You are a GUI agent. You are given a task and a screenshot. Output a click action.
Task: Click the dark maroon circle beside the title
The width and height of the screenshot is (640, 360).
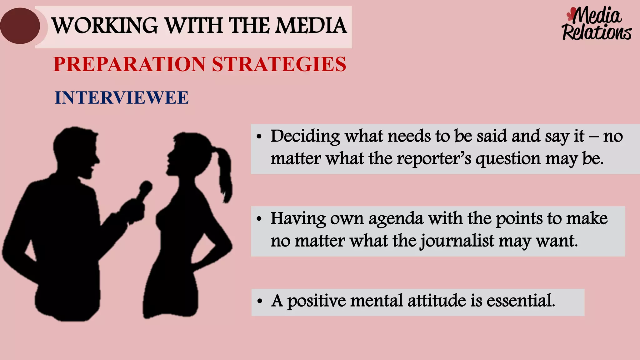(20, 26)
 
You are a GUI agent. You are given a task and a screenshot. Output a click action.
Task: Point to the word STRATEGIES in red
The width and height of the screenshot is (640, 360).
(279, 64)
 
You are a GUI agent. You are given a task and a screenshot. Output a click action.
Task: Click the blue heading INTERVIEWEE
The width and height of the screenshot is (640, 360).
(122, 98)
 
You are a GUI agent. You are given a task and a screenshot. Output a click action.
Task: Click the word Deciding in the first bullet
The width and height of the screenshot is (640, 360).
(305, 137)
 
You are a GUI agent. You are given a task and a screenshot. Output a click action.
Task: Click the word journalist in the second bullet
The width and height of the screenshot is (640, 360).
(457, 241)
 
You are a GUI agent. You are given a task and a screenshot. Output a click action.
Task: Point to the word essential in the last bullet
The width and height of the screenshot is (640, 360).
(521, 301)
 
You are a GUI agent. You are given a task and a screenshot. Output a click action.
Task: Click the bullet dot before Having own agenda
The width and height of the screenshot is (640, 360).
(259, 219)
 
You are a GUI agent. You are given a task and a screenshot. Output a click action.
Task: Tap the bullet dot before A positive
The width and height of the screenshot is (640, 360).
(259, 302)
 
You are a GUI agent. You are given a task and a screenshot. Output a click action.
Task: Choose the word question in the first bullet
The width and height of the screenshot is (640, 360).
(508, 159)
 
